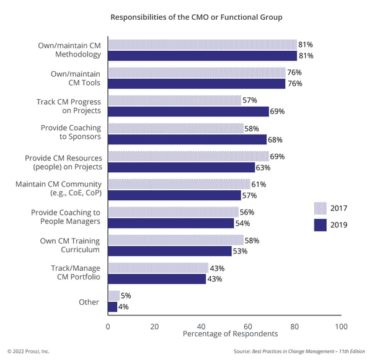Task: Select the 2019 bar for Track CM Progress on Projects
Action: (x=188, y=112)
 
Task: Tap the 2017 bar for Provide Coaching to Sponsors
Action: (x=175, y=128)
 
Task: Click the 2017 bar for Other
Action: (x=114, y=296)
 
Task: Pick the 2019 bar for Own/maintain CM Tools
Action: (x=197, y=84)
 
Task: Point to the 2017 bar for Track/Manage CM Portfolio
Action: (x=158, y=268)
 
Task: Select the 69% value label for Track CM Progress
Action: (x=278, y=112)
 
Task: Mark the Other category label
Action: (x=89, y=302)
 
